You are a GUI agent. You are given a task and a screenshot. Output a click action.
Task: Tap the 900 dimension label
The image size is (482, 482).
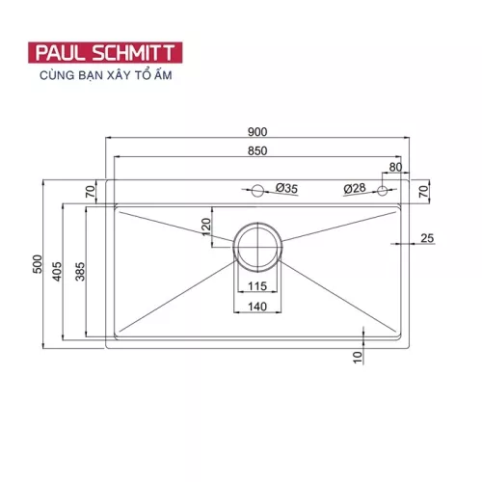[x=256, y=132]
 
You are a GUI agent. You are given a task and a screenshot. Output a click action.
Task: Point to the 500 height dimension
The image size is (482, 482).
[x=38, y=262]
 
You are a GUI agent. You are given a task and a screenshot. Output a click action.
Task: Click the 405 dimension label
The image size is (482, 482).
[x=59, y=273]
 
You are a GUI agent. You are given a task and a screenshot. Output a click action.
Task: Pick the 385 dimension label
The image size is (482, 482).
[x=80, y=273]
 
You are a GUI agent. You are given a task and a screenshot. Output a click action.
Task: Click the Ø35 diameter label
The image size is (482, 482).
[x=285, y=188]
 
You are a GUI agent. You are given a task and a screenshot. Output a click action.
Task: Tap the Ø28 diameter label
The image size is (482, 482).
[x=353, y=188]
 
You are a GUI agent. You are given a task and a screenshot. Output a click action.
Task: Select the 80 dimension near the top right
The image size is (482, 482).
[x=395, y=167]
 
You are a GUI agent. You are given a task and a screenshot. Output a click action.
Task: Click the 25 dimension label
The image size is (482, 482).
[x=427, y=238]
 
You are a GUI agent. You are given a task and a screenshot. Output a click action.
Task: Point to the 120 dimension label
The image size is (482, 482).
[x=205, y=228]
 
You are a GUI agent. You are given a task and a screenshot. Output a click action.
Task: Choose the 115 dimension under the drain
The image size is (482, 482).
[x=256, y=287]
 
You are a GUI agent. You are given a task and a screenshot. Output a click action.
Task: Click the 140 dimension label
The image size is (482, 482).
[x=256, y=306]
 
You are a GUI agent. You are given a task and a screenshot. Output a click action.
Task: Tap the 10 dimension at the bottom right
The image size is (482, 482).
[x=357, y=359]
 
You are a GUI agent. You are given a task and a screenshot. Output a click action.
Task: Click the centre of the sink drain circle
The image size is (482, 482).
[x=257, y=244]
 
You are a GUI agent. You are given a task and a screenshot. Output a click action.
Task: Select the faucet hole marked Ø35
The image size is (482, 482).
[x=257, y=189]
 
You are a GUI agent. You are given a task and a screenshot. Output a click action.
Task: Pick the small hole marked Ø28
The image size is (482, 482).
[x=384, y=189]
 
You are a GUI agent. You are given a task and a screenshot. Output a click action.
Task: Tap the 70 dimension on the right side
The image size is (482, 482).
[x=423, y=190]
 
